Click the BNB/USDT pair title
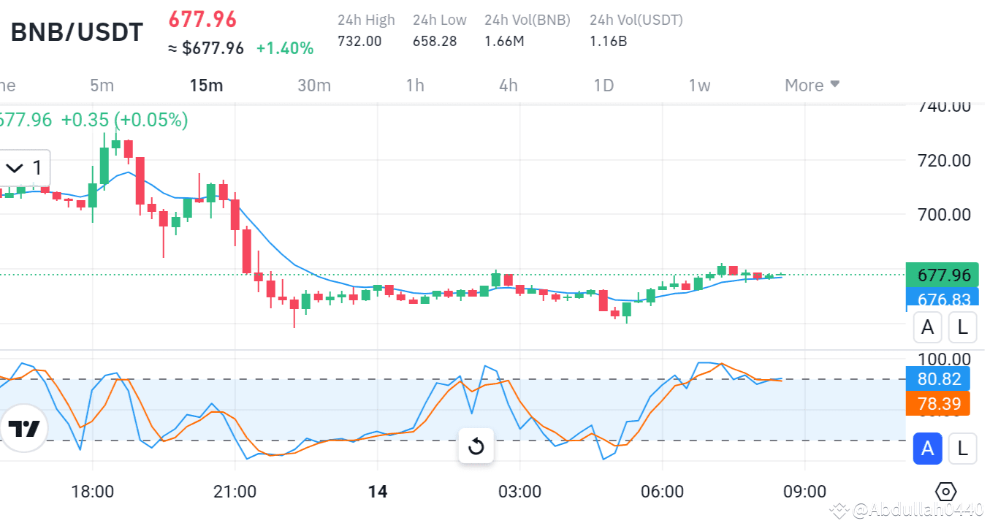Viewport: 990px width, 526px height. click(77, 31)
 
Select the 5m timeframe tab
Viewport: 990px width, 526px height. click(102, 85)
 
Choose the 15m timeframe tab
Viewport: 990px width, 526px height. click(206, 85)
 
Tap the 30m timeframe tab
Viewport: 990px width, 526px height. click(314, 85)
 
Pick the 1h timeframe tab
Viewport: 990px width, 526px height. click(415, 85)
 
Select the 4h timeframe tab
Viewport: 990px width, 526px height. click(509, 85)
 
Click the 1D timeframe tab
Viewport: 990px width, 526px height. click(603, 85)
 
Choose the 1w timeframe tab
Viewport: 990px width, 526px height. click(699, 85)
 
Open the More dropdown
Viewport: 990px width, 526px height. click(812, 85)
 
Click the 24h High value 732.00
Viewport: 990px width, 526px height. click(359, 41)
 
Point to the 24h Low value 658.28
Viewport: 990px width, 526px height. click(435, 41)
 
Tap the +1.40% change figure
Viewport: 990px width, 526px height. click(285, 48)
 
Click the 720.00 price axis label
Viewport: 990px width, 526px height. click(945, 160)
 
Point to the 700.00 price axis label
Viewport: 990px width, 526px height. click(945, 215)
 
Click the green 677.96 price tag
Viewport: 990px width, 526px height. click(944, 275)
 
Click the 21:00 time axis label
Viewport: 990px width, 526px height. click(235, 491)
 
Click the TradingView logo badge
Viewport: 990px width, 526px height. click(24, 429)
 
